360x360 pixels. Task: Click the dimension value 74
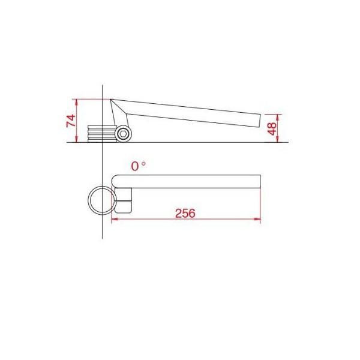pos(71,121)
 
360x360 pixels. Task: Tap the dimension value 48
pos(272,128)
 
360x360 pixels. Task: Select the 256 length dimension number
pos(185,213)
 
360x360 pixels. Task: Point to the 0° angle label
pos(138,166)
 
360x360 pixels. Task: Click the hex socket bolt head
pos(123,134)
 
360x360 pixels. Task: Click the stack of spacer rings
pos(102,134)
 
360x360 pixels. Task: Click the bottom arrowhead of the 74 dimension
pos(76,139)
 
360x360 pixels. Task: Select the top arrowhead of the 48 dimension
pos(278,118)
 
